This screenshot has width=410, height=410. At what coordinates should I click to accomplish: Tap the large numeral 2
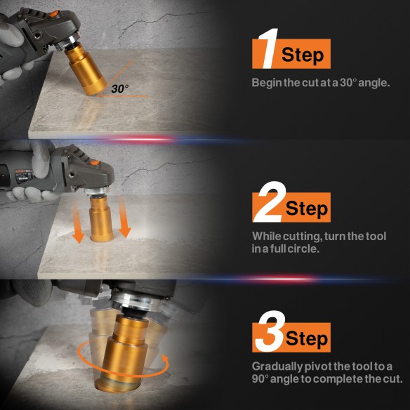[x=267, y=204]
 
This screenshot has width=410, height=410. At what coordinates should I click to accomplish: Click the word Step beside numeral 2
[x=306, y=208]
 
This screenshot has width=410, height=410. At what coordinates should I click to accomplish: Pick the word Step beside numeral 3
[x=307, y=338]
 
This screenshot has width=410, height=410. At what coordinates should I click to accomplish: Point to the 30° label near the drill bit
[x=120, y=89]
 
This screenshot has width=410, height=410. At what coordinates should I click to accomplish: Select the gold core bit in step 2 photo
[x=102, y=221]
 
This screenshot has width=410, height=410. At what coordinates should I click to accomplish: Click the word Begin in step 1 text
[x=267, y=83]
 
